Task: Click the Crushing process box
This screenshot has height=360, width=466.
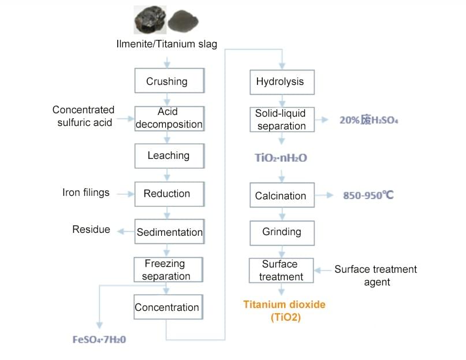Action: [166, 81]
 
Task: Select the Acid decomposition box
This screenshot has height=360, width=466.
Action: [169, 118]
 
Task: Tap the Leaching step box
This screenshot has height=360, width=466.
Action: [168, 155]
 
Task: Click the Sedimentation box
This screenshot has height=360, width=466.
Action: [169, 232]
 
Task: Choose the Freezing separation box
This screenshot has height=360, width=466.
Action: [166, 270]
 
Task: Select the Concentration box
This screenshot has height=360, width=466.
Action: [167, 307]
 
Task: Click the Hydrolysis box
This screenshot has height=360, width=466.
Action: [281, 81]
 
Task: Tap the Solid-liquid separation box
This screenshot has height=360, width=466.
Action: [281, 120]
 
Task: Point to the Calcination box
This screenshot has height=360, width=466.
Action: [281, 196]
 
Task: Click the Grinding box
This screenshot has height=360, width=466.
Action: [281, 232]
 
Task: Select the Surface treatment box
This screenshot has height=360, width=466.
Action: [281, 270]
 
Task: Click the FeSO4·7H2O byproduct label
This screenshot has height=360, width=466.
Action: [99, 339]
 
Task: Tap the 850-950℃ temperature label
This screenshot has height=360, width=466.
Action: [368, 195]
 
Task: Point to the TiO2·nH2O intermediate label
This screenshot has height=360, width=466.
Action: [281, 158]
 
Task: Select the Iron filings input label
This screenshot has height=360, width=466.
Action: [86, 193]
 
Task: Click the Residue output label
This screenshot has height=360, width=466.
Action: [91, 230]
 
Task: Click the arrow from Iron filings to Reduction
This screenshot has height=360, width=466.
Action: [125, 194]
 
